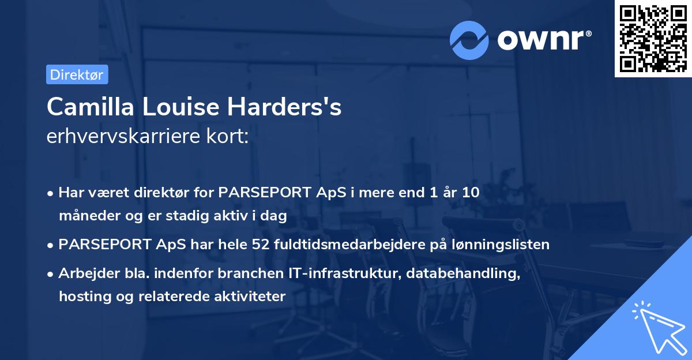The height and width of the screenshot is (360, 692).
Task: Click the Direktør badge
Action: click(x=77, y=74)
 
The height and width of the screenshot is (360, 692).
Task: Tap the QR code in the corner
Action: click(x=653, y=39)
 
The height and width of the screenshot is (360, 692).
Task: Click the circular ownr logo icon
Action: click(x=469, y=39)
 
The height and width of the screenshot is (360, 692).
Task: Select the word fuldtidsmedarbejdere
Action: click(x=336, y=245)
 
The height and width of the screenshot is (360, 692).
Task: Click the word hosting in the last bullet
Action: click(x=82, y=297)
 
